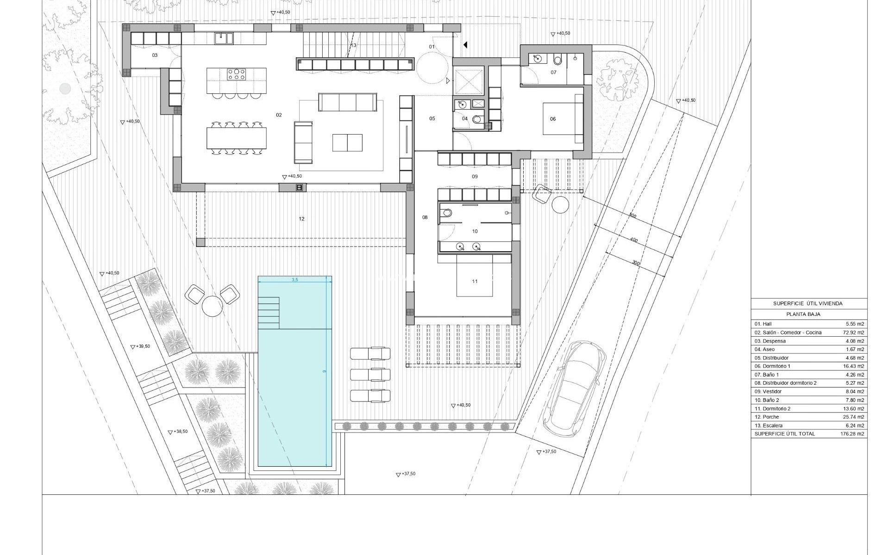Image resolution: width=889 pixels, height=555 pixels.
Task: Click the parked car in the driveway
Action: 575,388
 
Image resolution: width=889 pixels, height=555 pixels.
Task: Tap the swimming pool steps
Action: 269,313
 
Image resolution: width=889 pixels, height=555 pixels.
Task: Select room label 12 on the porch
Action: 301,219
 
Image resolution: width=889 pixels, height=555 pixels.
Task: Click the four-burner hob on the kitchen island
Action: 236,74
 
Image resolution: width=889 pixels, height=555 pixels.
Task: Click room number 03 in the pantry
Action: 155,55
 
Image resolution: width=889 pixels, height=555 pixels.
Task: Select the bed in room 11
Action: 475,277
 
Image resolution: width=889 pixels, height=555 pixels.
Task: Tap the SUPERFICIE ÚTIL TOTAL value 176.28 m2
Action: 852,434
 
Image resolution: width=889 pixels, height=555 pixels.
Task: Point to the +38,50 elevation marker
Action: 178,432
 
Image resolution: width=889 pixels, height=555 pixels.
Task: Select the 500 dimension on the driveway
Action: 633,216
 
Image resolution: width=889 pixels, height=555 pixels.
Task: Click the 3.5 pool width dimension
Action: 295,280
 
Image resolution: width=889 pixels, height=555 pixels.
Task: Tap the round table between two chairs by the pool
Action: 212,306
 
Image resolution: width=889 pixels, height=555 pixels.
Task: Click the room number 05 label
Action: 432,118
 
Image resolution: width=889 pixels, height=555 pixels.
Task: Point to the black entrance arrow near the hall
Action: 465,45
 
